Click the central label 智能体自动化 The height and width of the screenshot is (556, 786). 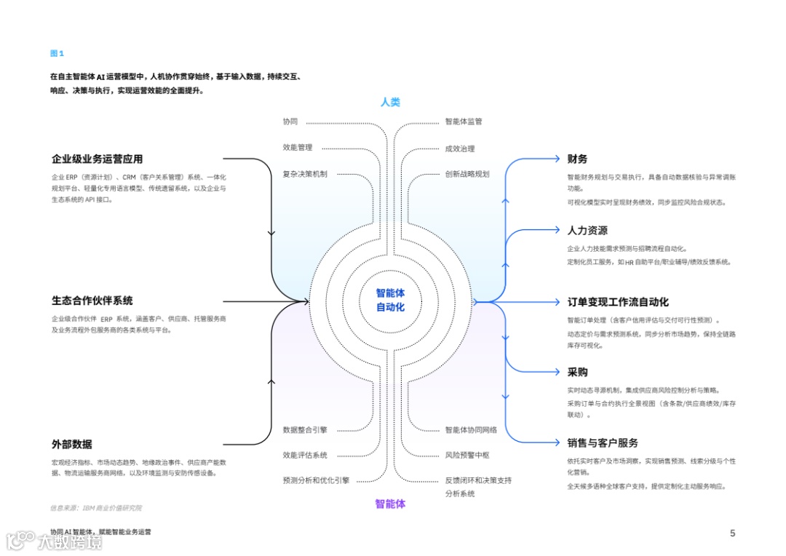click(390, 300)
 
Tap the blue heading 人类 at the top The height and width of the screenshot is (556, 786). click(390, 103)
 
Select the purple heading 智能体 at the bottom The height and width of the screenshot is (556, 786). click(390, 504)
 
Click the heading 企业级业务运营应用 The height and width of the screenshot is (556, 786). click(97, 159)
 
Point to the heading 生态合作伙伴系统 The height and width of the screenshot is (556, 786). click(92, 301)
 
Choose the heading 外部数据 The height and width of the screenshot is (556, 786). click(71, 444)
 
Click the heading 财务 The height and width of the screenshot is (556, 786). click(577, 159)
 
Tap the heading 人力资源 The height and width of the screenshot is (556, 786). click(587, 230)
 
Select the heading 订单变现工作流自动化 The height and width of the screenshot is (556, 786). click(618, 301)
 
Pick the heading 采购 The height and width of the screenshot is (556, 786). click(577, 372)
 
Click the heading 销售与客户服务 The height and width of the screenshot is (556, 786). click(603, 442)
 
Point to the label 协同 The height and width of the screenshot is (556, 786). click(290, 122)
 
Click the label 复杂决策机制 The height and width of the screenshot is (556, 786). click(305, 174)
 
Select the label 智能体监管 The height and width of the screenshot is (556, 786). click(464, 122)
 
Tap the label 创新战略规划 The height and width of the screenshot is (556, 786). click(467, 174)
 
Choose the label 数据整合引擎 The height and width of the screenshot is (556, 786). click(305, 429)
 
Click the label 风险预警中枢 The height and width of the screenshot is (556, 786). click(467, 455)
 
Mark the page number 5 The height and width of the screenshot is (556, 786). click(732, 533)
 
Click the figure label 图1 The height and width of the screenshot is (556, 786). click(57, 53)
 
